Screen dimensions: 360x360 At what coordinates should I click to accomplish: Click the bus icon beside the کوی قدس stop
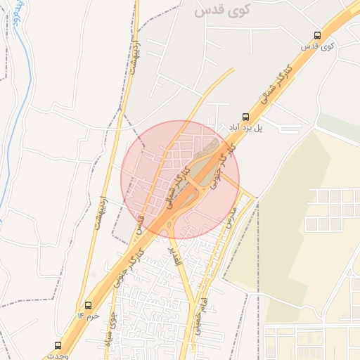tap(317, 35)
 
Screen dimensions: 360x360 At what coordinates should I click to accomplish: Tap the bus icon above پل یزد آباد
tap(245, 117)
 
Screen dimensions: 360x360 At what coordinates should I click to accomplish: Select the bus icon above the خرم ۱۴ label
tap(89, 306)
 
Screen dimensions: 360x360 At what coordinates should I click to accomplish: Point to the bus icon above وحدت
tap(58, 345)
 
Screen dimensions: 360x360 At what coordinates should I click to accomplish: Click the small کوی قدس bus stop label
tap(316, 46)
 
